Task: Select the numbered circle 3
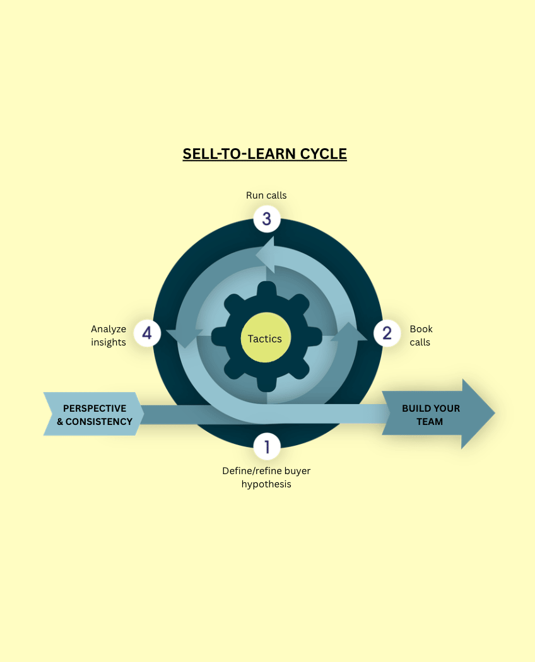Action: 267,219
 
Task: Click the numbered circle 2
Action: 387,333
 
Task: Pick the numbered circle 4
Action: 147,333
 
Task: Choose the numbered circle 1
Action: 267,447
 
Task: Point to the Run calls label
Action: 266,195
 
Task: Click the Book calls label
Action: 421,335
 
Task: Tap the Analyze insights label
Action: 109,335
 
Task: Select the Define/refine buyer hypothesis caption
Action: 266,477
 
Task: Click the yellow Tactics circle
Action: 265,339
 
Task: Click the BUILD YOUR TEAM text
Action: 430,415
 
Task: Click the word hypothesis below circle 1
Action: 266,485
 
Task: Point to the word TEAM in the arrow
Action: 430,422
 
